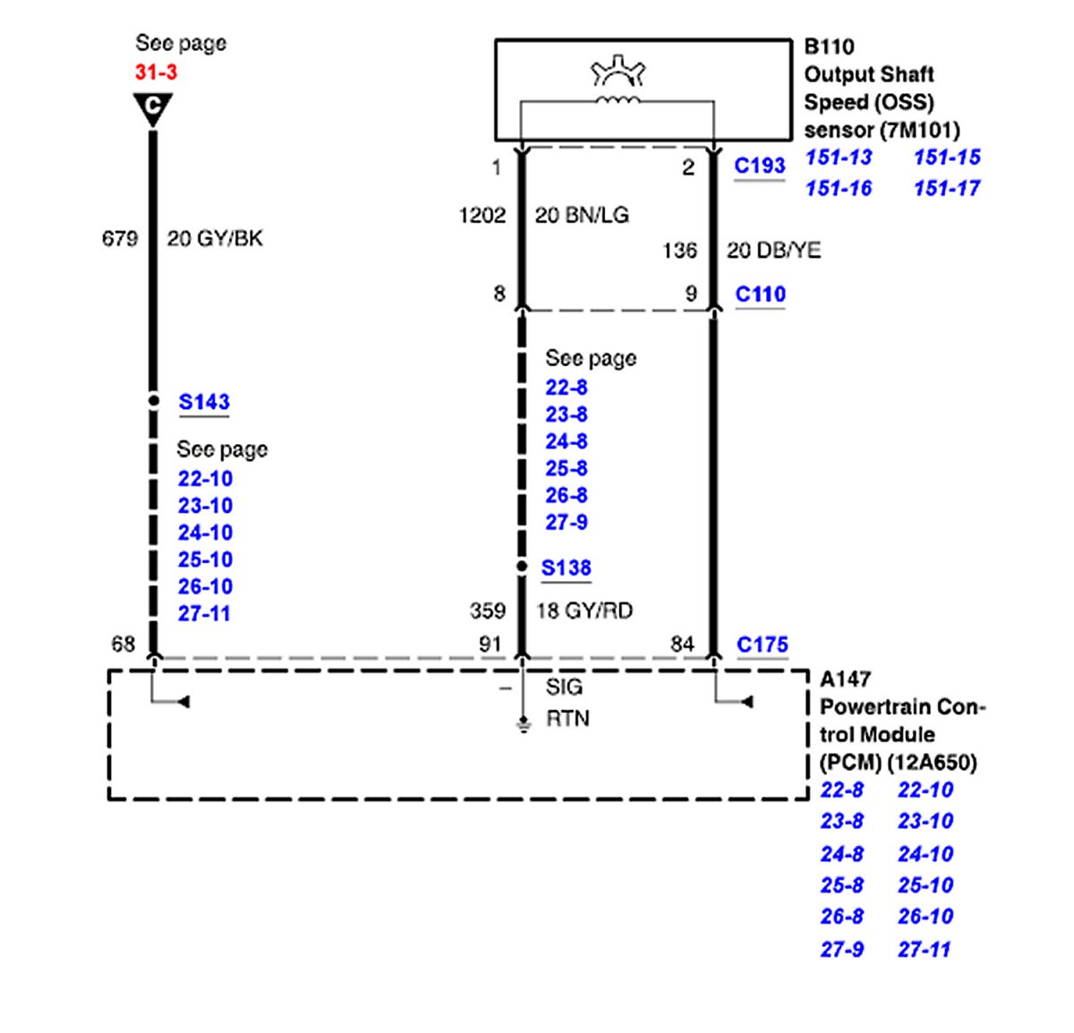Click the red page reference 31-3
click(x=156, y=73)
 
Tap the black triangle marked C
click(x=153, y=107)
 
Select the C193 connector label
click(x=759, y=166)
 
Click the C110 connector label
click(x=760, y=295)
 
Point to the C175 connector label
click(x=763, y=645)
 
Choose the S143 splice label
click(x=204, y=402)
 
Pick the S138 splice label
click(x=567, y=568)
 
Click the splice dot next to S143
click(x=154, y=401)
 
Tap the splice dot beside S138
click(x=522, y=567)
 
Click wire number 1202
click(x=482, y=215)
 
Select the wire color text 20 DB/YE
click(x=773, y=250)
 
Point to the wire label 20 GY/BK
click(x=215, y=238)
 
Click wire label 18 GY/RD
click(x=584, y=610)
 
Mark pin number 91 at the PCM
click(x=490, y=644)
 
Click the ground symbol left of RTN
click(x=522, y=724)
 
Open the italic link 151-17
click(x=947, y=188)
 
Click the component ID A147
click(x=845, y=679)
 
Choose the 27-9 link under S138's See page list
click(x=567, y=522)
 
